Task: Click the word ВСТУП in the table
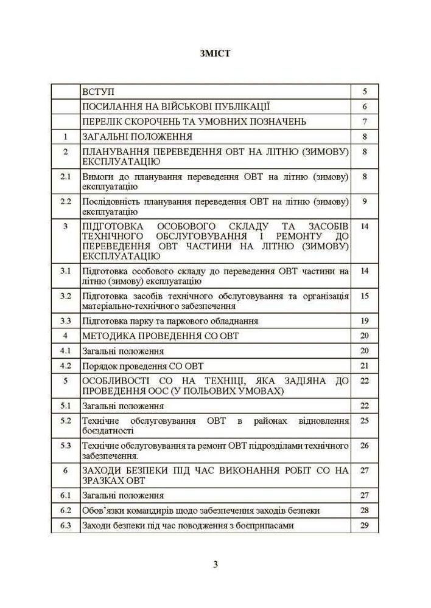97,92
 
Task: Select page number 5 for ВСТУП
364,92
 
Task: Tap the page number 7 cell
364,122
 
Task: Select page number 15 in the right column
364,295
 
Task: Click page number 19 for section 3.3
364,320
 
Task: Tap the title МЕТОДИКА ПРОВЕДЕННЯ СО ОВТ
160,336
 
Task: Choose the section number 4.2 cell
66,366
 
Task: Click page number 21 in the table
364,366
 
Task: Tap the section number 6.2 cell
66,510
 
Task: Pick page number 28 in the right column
364,510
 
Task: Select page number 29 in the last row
364,525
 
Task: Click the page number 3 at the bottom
215,564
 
